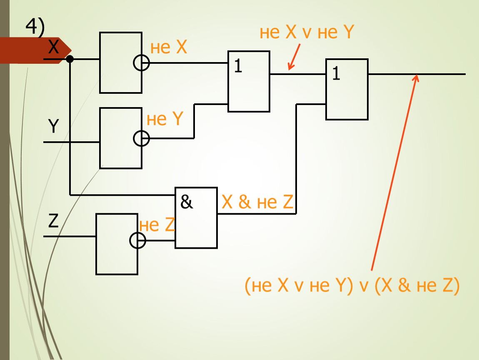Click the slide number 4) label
point(35,27)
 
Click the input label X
point(54,47)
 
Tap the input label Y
point(53,126)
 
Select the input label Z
point(53,222)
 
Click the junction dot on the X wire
point(70,59)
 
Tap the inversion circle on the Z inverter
point(138,240)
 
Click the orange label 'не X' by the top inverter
point(169,48)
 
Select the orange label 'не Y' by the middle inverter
point(165,120)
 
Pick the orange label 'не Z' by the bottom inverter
point(157,225)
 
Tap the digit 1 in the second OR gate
point(336,74)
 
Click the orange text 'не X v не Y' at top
point(307,32)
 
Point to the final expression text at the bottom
point(352,286)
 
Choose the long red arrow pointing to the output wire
point(394,173)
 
